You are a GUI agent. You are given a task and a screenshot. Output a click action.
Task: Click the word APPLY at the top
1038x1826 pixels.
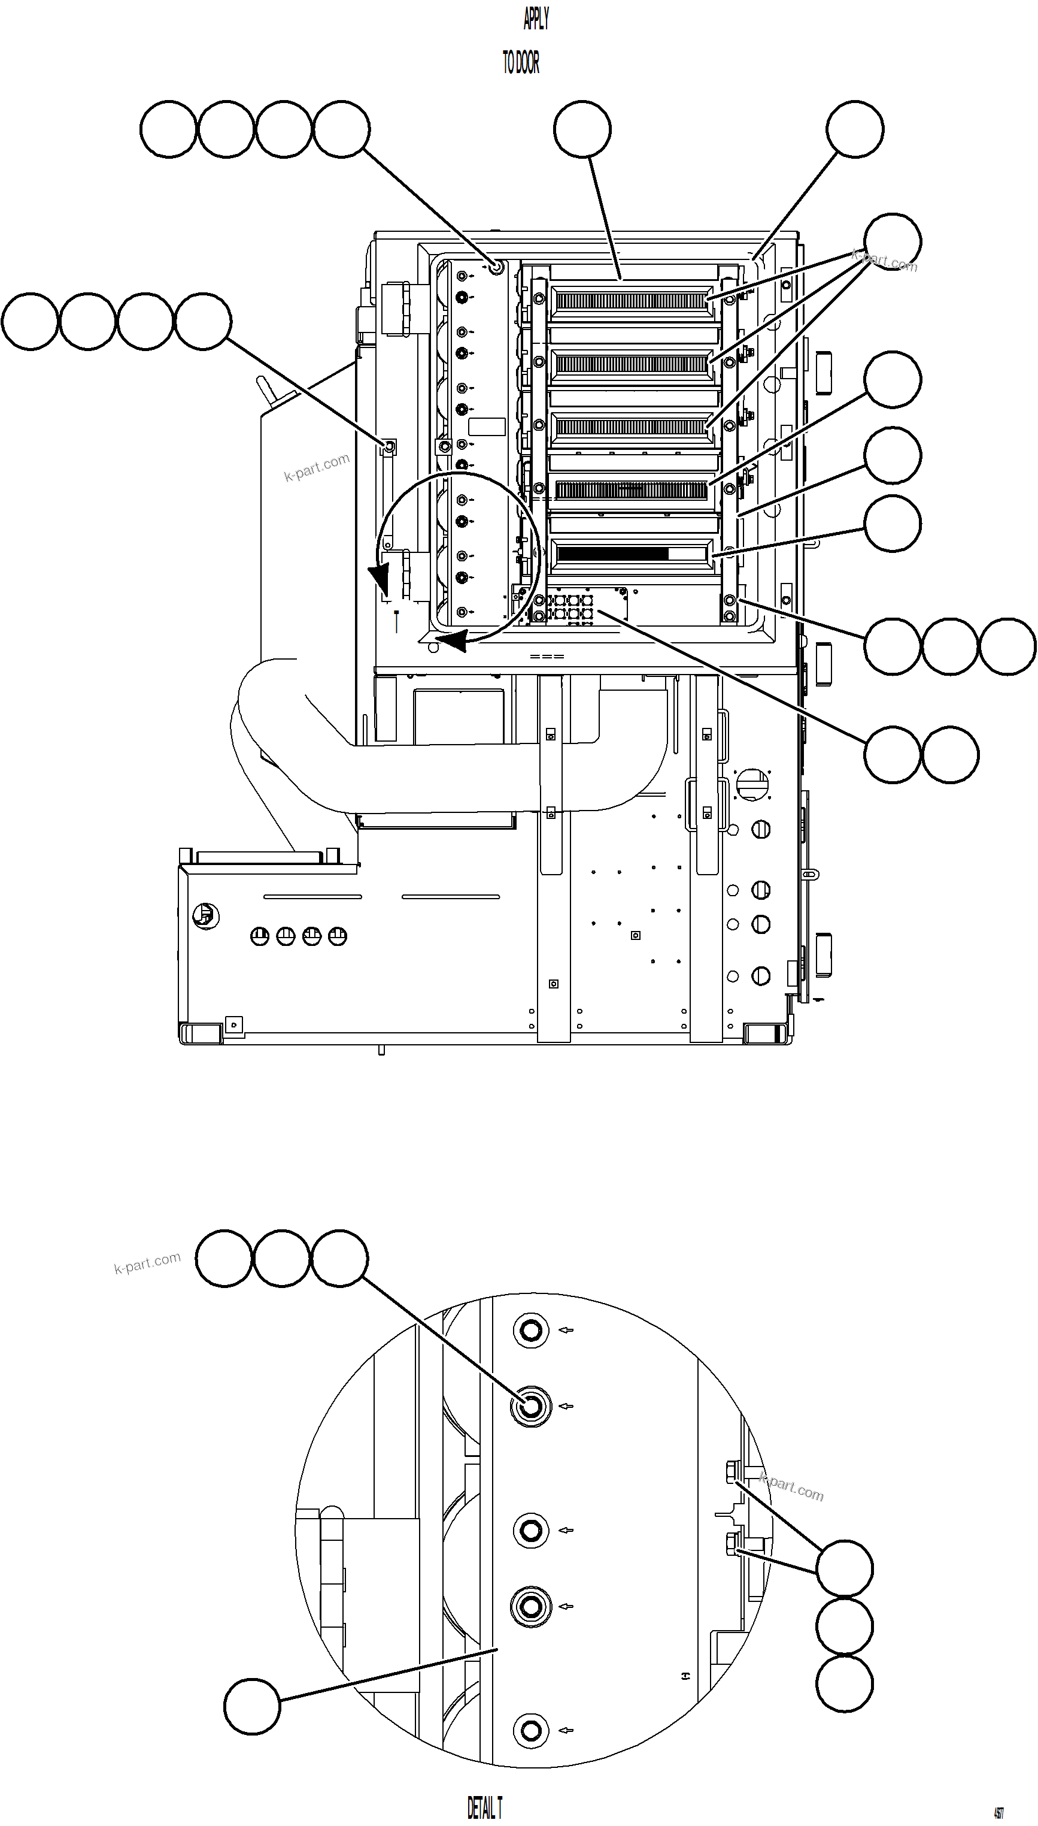(x=536, y=19)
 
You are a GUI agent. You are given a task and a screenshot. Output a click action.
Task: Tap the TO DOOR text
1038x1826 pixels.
(x=521, y=64)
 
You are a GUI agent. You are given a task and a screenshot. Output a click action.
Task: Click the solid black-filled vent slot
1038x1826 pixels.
(x=613, y=554)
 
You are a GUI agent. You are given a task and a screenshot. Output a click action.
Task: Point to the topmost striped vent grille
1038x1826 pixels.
(x=632, y=300)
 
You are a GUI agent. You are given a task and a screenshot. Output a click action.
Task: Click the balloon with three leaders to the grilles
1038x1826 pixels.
(x=892, y=241)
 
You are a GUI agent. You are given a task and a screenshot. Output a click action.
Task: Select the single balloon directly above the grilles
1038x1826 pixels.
(x=582, y=129)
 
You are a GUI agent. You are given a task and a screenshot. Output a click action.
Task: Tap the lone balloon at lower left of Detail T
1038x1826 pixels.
(x=253, y=1706)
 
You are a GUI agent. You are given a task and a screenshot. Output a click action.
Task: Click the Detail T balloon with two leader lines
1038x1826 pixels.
(x=844, y=1568)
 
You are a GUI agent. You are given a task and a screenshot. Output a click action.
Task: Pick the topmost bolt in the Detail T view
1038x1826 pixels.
(x=530, y=1331)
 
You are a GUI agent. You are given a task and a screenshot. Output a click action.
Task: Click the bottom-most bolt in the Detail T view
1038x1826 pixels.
(x=530, y=1730)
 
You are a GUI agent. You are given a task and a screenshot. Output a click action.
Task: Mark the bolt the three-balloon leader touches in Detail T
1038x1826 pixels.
(x=530, y=1407)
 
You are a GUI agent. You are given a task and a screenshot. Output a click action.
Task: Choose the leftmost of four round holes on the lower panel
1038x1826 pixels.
(x=260, y=936)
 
